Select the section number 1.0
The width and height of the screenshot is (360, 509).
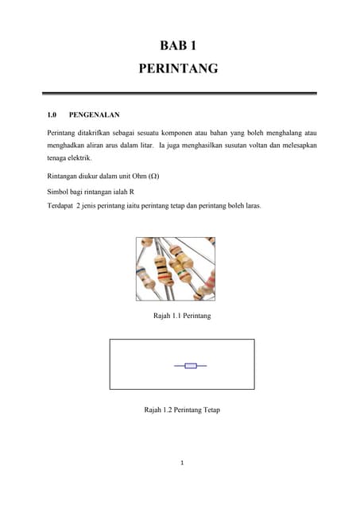point(54,115)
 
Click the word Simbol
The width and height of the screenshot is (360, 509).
point(60,192)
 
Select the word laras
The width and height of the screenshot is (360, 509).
point(251,205)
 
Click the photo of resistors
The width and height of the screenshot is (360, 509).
point(175,269)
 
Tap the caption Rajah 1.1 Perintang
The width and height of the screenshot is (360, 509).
point(180,317)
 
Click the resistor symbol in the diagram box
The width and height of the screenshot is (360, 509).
point(190,366)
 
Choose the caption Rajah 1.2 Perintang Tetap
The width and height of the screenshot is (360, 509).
point(181,410)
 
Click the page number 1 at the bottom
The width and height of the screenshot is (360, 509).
point(180,464)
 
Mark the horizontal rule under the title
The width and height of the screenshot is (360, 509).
point(180,94)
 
